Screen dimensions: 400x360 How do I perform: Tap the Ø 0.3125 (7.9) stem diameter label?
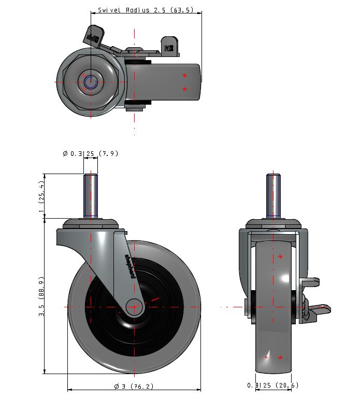(x=90, y=153)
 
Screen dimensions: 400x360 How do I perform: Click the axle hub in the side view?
(x=134, y=307)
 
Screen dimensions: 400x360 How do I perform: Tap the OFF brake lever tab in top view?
(x=94, y=36)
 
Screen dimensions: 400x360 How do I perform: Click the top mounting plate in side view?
(x=90, y=224)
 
